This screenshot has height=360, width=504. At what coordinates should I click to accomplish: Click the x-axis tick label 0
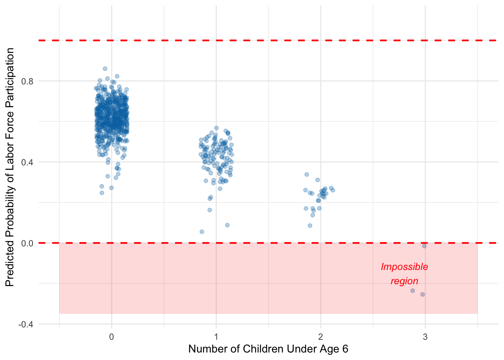click(x=111, y=337)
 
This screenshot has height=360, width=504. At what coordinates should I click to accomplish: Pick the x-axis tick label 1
click(x=216, y=337)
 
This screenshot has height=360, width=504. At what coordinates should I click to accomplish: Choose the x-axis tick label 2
click(x=321, y=337)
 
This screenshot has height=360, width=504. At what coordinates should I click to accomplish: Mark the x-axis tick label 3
click(x=425, y=337)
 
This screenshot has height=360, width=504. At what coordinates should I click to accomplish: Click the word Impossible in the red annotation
click(x=404, y=267)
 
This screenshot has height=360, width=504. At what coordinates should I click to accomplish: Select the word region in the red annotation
click(x=404, y=281)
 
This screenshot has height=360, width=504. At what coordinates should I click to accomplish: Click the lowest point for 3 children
click(x=423, y=294)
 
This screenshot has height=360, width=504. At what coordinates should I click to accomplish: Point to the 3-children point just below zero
click(x=424, y=246)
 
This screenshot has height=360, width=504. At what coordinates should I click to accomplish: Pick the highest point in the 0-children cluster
click(x=105, y=69)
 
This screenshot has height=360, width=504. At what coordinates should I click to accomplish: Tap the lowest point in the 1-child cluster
click(x=202, y=232)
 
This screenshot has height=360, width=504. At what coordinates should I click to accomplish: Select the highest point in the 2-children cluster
click(x=307, y=174)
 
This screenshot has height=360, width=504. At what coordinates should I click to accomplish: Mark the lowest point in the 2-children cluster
click(x=310, y=225)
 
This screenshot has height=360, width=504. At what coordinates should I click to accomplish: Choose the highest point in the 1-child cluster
click(x=216, y=128)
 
